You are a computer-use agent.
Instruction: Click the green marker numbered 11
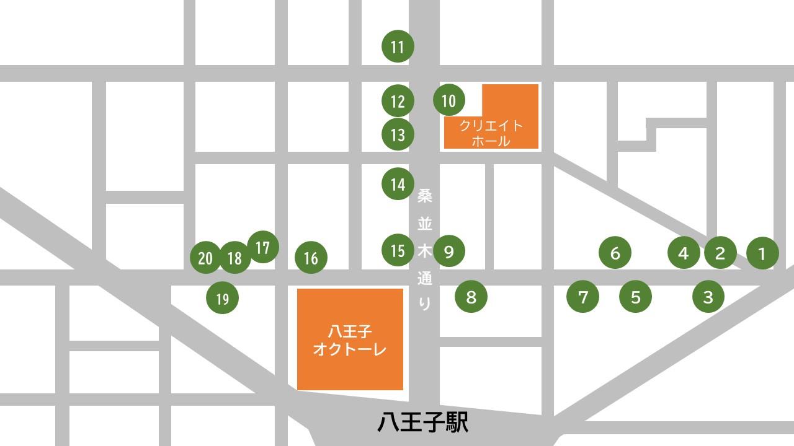[x=398, y=46]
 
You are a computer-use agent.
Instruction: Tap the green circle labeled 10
[x=448, y=100]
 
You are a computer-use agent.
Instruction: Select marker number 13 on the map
[x=398, y=134]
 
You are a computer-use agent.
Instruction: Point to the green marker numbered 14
[x=398, y=184]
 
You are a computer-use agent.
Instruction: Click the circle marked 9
[x=449, y=251]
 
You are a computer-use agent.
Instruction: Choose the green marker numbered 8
[x=471, y=297]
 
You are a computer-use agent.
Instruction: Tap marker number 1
[x=762, y=253]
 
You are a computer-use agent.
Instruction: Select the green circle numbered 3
[x=708, y=297]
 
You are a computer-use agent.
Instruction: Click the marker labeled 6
[x=615, y=253]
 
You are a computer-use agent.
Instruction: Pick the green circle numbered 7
[x=583, y=297]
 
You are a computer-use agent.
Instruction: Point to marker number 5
[x=636, y=297]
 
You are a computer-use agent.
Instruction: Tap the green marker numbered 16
[x=311, y=258]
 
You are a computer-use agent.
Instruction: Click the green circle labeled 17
[x=263, y=247]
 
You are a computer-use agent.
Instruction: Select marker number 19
[x=222, y=299]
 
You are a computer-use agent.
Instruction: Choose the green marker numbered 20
[x=205, y=258]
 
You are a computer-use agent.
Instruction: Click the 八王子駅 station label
[x=422, y=423]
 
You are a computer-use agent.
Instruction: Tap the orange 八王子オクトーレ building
[x=350, y=339]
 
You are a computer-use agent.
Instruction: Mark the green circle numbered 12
[x=398, y=101]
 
